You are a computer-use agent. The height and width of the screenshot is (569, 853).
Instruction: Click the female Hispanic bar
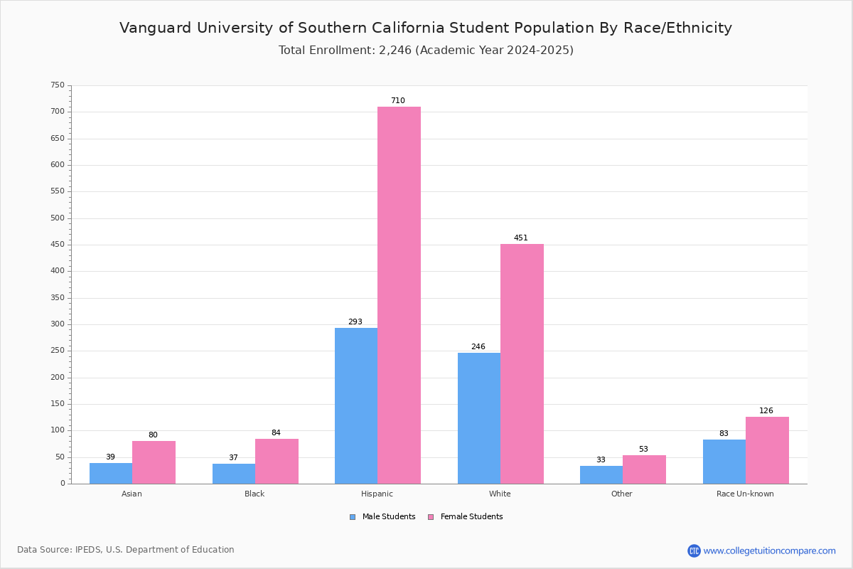click(399, 295)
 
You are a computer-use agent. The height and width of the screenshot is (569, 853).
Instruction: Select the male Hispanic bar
click(356, 405)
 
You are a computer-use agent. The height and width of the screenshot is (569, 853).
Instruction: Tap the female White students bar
click(522, 363)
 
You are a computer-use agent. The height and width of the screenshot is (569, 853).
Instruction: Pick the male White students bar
click(479, 418)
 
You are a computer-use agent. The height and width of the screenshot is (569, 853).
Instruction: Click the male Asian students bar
click(111, 473)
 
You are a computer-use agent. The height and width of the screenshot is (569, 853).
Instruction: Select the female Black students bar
click(277, 461)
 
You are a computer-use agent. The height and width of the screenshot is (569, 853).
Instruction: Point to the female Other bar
click(644, 469)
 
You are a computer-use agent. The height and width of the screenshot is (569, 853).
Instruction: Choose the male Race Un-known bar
click(724, 462)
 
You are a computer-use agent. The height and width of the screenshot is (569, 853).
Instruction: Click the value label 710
click(398, 101)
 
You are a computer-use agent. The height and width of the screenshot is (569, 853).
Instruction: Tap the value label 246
click(478, 347)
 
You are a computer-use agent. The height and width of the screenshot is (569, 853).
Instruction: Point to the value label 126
click(766, 411)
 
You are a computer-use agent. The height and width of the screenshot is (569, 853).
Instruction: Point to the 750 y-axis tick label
click(57, 85)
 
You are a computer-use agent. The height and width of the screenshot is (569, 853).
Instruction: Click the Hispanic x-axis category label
click(377, 494)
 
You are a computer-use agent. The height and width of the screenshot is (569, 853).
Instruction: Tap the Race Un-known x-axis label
click(745, 494)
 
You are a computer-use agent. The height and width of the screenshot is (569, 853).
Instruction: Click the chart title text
click(426, 28)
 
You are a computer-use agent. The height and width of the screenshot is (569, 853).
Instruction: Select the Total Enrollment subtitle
click(426, 50)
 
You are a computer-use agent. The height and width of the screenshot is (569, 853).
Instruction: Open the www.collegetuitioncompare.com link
click(769, 551)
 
